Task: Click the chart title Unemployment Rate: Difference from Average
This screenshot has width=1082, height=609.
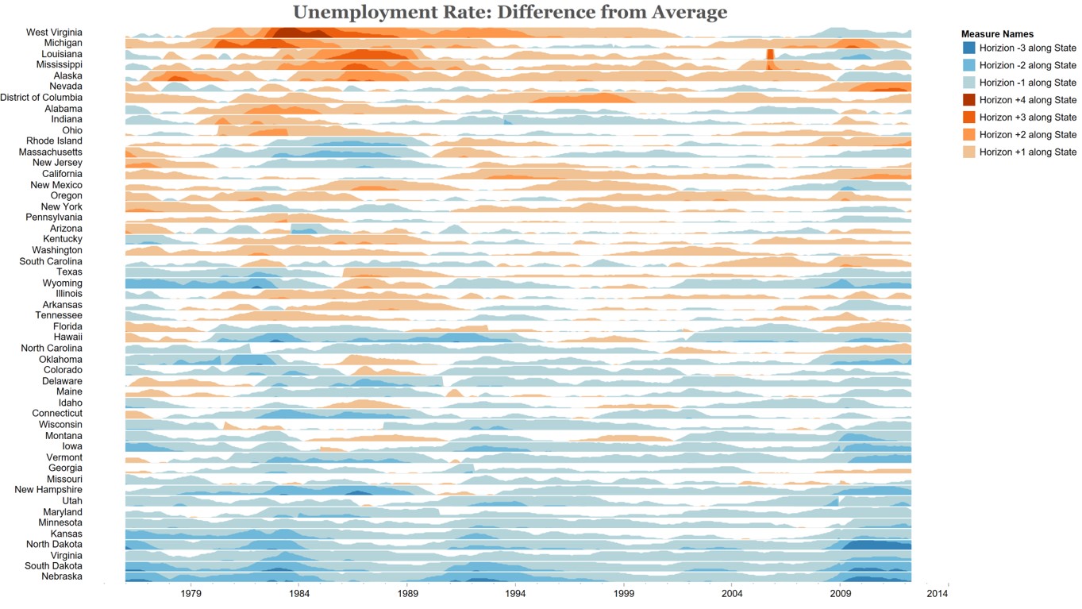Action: point(510,13)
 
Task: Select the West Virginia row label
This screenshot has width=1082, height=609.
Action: point(54,33)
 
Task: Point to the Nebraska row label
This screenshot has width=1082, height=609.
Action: point(62,576)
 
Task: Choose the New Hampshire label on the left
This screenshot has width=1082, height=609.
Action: point(48,490)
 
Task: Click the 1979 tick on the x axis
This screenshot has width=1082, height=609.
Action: point(191,593)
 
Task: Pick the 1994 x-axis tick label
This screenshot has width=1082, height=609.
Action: point(515,593)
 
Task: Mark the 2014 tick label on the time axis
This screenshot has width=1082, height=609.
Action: point(938,593)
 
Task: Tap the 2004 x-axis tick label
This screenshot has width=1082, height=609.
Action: point(732,593)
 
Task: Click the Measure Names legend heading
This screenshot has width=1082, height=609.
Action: point(997,34)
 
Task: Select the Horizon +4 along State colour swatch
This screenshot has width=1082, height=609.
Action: point(968,100)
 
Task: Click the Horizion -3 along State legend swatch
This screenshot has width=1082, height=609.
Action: point(968,48)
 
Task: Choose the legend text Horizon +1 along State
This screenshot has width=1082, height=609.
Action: point(1028,152)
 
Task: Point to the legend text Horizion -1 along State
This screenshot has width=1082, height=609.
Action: point(1028,83)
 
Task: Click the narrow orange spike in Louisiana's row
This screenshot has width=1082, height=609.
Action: point(769,56)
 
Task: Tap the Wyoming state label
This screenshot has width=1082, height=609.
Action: point(63,283)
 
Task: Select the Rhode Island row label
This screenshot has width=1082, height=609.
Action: point(54,141)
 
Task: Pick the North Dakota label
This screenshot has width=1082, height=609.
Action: point(54,545)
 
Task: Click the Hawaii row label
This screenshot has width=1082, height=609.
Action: point(67,337)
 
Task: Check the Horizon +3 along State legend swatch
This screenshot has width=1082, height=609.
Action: point(968,118)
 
